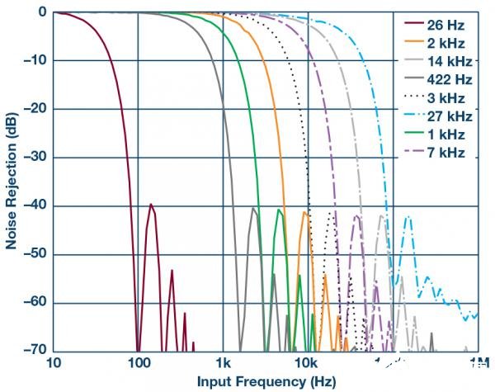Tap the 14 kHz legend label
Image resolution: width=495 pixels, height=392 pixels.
[443, 60]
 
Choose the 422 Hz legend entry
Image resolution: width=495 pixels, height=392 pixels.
[443, 79]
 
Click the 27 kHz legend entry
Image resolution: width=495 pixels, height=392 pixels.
[443, 116]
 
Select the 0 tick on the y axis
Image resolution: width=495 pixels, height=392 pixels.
[40, 12]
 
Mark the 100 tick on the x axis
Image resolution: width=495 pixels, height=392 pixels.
[138, 363]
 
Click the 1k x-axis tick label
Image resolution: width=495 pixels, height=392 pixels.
[223, 363]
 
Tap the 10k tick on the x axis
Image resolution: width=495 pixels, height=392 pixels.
[307, 363]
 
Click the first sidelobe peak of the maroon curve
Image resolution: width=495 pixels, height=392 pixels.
[151, 204]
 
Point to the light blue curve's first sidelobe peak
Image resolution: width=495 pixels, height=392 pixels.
[407, 218]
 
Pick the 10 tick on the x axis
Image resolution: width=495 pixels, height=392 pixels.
[54, 363]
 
